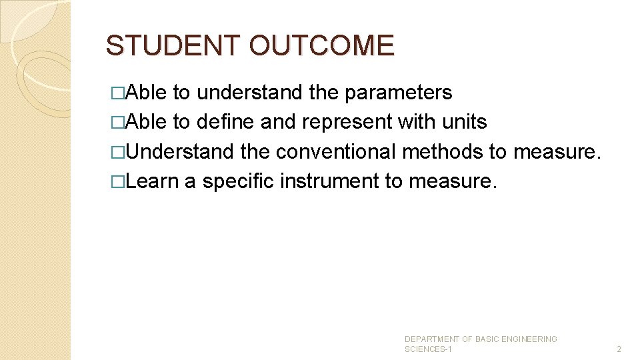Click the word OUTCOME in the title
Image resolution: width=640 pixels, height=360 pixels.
tap(321, 45)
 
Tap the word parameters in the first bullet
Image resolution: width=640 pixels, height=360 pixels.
tap(398, 93)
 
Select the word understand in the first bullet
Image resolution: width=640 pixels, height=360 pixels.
tap(249, 93)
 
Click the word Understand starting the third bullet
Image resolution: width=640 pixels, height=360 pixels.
tap(179, 152)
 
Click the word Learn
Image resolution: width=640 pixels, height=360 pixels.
tap(151, 181)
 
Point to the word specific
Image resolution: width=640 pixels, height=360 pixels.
tap(238, 182)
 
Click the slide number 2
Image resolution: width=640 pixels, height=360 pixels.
tap(619, 349)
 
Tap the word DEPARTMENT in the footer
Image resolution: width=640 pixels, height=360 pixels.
tap(432, 339)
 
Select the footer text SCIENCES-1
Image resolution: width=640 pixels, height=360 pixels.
tap(428, 349)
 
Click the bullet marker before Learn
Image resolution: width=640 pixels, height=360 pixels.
tap(118, 182)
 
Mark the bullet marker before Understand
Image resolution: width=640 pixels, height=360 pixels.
tap(118, 153)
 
